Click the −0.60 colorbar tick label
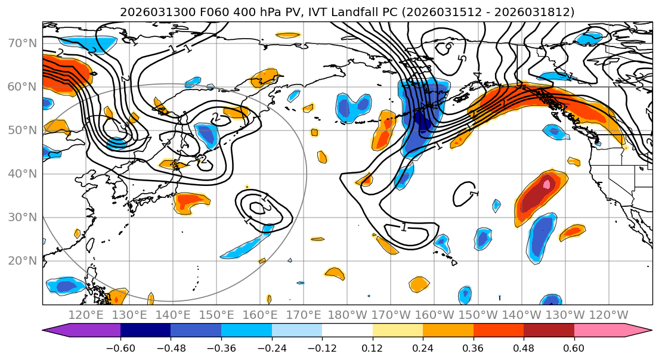(x=120, y=347)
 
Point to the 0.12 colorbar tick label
(x=373, y=347)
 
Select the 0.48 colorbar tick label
(x=524, y=347)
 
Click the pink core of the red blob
(x=547, y=184)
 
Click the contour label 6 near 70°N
(x=447, y=45)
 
